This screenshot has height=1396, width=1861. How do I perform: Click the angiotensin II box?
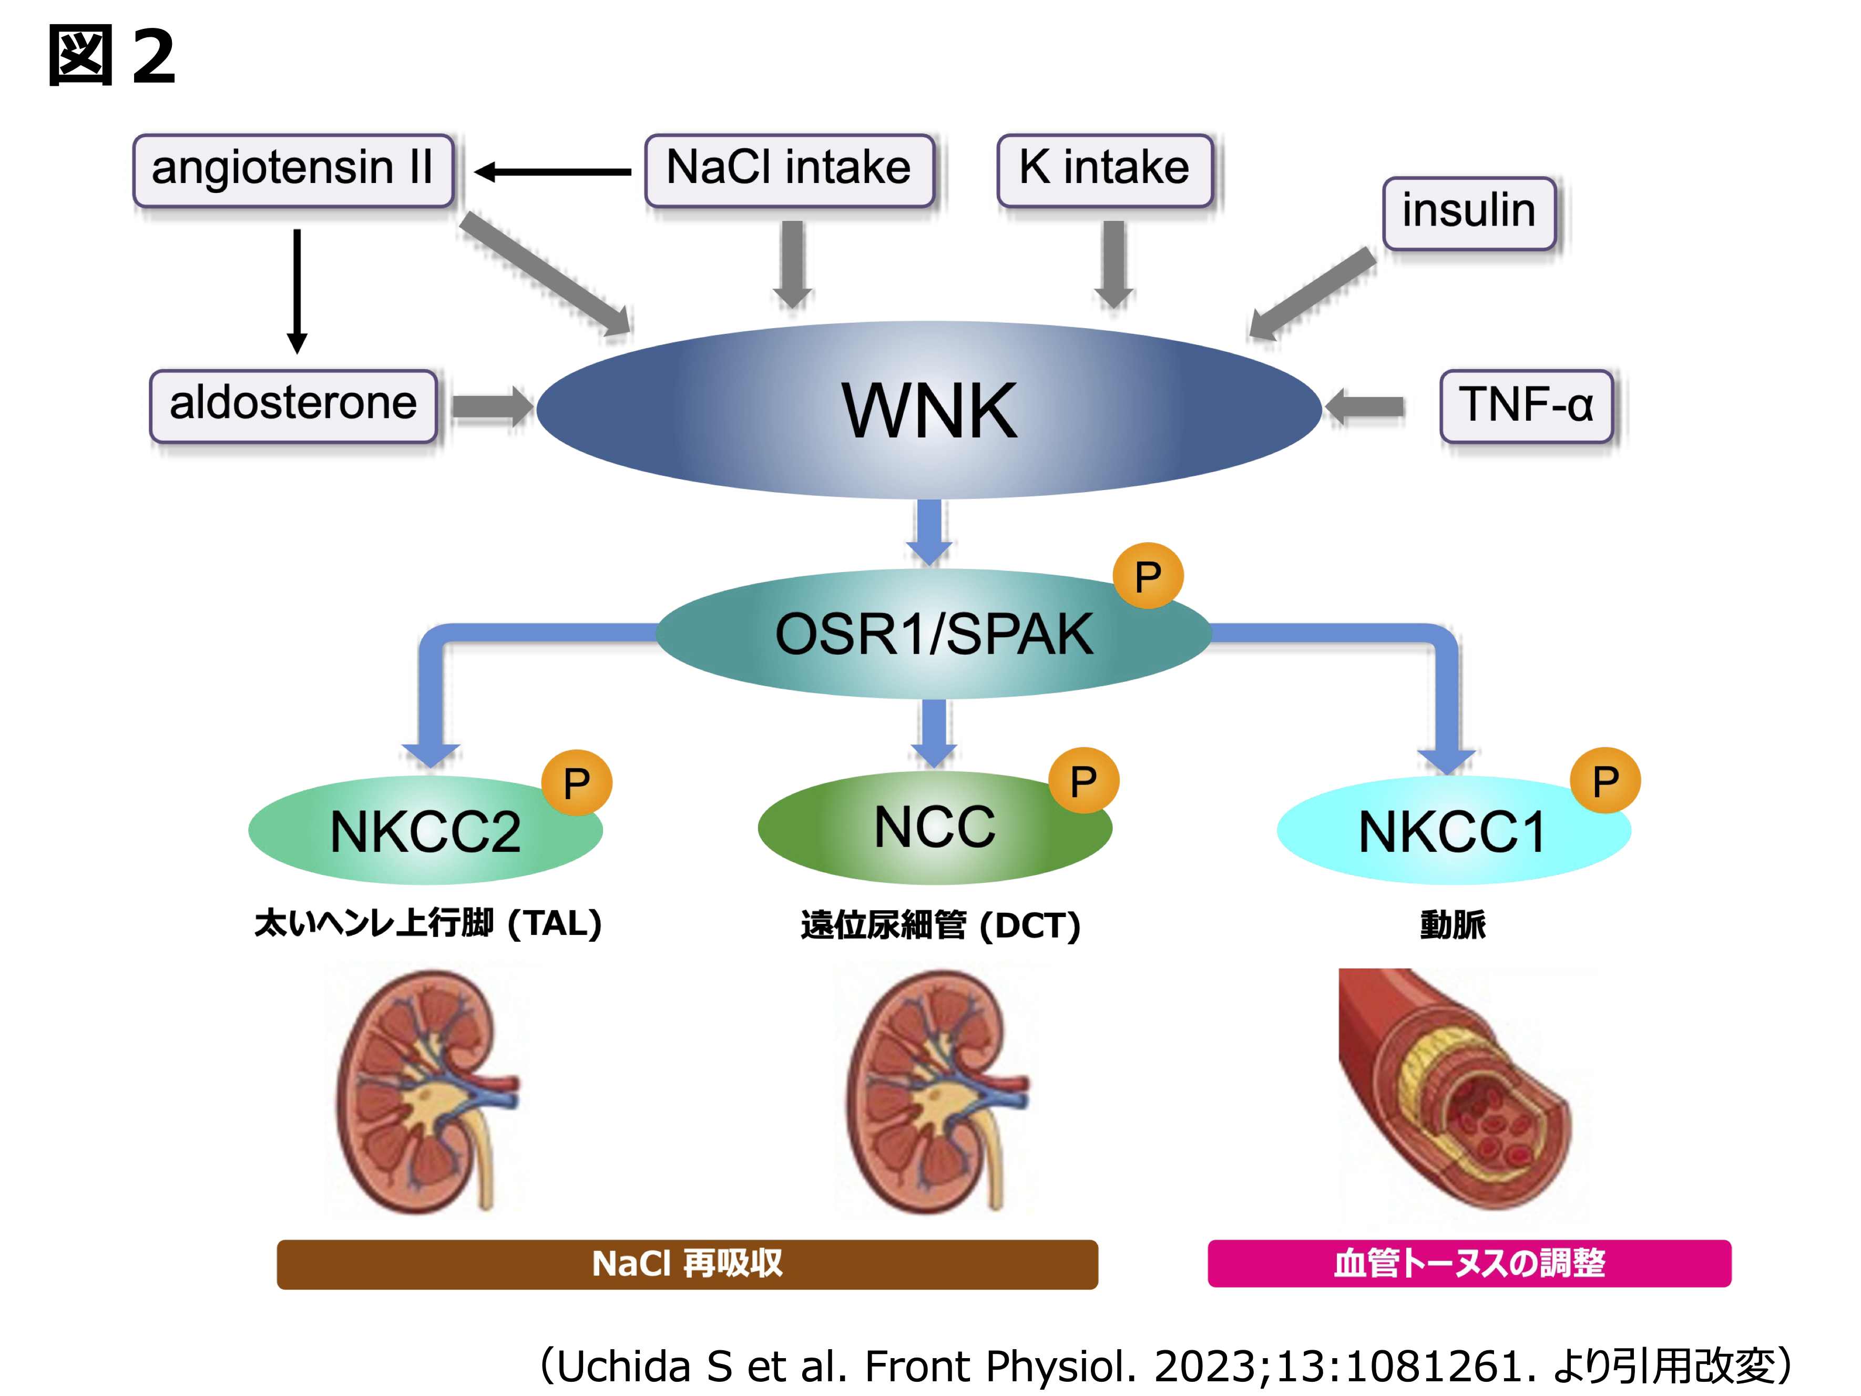tap(293, 170)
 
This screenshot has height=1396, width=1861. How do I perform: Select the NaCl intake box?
tap(789, 170)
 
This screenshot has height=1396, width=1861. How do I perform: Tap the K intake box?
tap(1104, 170)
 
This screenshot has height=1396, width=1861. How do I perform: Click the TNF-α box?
tap(1526, 405)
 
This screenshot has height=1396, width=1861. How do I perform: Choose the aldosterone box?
tap(293, 405)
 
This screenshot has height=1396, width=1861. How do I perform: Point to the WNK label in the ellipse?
tap(929, 411)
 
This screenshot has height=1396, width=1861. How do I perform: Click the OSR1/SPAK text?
tap(934, 635)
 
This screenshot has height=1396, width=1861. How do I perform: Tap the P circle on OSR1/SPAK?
tap(1148, 576)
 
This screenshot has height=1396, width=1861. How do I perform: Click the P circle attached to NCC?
tap(1083, 781)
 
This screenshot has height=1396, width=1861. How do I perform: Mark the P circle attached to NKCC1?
tap(1605, 781)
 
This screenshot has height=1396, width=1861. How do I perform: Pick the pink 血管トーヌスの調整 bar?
tap(1469, 1263)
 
